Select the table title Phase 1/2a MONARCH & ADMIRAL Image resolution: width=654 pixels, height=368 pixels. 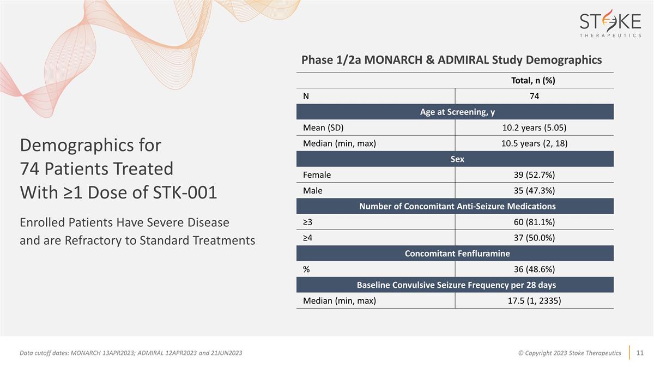(x=451, y=60)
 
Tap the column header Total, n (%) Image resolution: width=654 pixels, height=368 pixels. (x=533, y=80)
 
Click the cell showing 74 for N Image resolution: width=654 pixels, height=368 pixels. (x=534, y=96)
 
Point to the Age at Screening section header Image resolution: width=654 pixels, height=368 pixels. (x=455, y=112)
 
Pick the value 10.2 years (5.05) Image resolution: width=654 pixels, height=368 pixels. (x=534, y=128)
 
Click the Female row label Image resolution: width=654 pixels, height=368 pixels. (x=317, y=175)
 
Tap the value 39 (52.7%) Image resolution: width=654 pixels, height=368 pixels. (x=534, y=175)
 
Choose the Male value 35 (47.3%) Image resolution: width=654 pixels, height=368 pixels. (x=534, y=191)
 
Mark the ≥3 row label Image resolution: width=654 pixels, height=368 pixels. (x=307, y=222)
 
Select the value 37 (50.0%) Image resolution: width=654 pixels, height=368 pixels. (x=534, y=238)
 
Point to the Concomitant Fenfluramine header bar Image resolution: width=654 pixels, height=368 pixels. (x=455, y=254)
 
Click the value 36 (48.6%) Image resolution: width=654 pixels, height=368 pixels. (x=534, y=269)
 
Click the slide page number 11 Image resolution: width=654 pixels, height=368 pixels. (x=640, y=353)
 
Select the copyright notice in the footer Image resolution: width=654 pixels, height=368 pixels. (x=569, y=353)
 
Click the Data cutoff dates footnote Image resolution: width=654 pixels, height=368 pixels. (x=131, y=353)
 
